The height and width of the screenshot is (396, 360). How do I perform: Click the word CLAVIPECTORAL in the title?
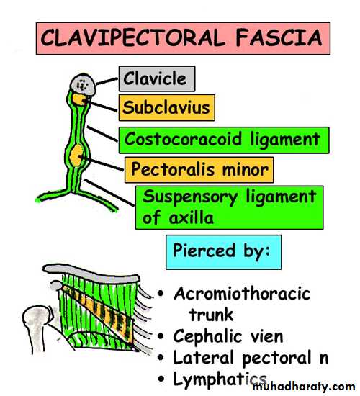tap(132, 38)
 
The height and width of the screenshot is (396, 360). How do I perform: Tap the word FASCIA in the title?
tap(279, 38)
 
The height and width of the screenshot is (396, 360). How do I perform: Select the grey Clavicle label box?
tap(157, 78)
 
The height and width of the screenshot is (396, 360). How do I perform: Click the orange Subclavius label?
tap(167, 107)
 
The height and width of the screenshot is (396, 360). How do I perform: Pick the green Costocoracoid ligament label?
tap(224, 140)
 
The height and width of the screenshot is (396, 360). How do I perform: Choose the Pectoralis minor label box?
tap(199, 170)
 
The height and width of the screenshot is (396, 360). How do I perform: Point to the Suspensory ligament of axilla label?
tap(230, 207)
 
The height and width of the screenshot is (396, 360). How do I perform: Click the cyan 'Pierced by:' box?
tap(224, 252)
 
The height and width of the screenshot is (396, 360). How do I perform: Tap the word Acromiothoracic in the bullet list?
tap(242, 294)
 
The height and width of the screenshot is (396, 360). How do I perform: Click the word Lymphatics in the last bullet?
tap(220, 380)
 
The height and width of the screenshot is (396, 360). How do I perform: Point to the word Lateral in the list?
tap(203, 358)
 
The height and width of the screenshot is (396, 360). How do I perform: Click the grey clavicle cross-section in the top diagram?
tap(83, 85)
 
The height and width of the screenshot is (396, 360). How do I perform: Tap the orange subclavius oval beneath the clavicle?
tap(81, 99)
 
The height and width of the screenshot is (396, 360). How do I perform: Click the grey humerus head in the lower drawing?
tap(38, 319)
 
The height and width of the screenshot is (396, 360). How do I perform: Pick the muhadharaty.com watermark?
tap(304, 387)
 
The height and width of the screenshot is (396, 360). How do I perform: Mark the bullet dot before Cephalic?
tap(161, 336)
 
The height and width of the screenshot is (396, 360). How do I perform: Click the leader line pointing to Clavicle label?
tap(107, 81)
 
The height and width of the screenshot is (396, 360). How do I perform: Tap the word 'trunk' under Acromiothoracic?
tap(211, 315)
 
